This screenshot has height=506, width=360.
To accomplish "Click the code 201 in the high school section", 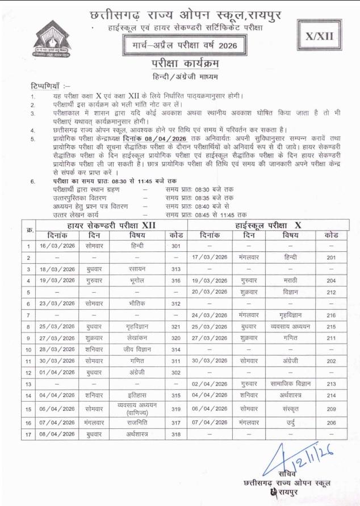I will click(x=332, y=257).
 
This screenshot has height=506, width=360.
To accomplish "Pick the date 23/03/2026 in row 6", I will click(x=57, y=303).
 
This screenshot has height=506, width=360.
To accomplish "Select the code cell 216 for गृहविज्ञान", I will click(x=332, y=315).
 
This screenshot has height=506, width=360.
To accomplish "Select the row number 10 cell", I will click(x=28, y=349).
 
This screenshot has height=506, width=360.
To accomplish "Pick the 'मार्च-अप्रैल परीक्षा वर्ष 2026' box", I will click(x=181, y=44).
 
